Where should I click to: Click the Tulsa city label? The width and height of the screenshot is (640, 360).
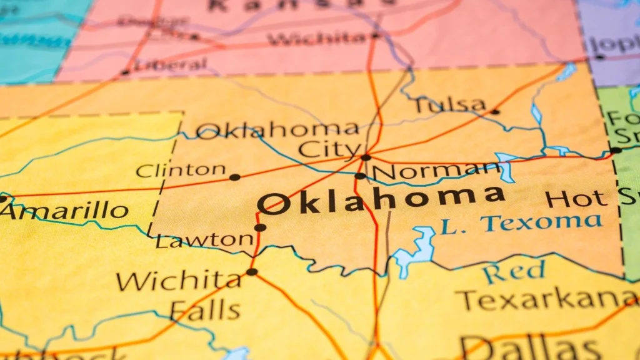click(450, 104)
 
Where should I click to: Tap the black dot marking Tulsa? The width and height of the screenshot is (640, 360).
click(495, 112)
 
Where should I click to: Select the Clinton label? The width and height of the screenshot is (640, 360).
click(181, 169)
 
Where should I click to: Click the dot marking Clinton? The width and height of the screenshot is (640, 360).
click(234, 177)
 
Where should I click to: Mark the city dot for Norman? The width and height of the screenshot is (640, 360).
click(360, 176)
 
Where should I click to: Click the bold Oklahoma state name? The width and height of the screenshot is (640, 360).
click(381, 199)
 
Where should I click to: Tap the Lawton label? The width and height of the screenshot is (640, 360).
click(204, 240)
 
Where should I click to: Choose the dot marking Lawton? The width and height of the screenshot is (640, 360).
click(260, 227)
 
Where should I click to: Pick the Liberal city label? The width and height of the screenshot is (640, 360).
click(171, 65)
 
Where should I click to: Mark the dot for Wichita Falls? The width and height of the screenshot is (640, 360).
click(252, 272)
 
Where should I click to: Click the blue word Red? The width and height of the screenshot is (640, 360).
click(514, 272)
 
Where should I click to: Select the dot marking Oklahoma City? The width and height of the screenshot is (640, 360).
click(366, 157)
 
